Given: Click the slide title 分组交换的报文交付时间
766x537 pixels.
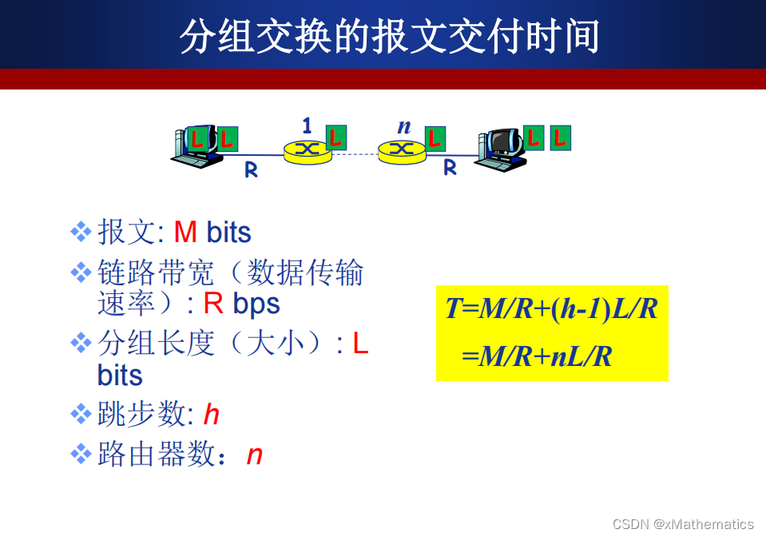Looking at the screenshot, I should (x=389, y=37).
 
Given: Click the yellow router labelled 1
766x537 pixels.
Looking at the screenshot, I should (x=307, y=150).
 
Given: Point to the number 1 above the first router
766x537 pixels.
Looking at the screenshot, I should (x=307, y=125).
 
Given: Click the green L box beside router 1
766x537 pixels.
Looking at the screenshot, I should (x=336, y=137).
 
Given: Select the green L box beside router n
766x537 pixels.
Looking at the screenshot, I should (x=435, y=138).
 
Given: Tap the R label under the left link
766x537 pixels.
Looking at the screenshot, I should (x=251, y=169).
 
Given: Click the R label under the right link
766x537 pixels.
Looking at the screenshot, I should (x=450, y=168).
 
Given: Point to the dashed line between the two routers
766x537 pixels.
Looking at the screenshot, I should (x=355, y=154).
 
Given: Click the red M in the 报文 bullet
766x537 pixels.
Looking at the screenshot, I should (x=185, y=233).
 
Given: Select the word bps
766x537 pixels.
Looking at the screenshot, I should (x=256, y=304).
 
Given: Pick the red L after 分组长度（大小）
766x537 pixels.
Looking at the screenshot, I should (x=360, y=344).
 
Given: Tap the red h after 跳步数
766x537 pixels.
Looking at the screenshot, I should (x=211, y=414).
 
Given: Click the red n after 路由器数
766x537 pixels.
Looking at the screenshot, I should (x=254, y=455).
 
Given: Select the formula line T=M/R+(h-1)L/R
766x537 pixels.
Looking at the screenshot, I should (x=551, y=308).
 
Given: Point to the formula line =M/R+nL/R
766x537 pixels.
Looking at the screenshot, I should (x=537, y=356).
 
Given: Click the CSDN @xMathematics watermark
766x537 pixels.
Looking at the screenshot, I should (x=683, y=524).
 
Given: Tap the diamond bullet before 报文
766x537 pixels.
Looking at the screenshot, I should (x=81, y=233).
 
